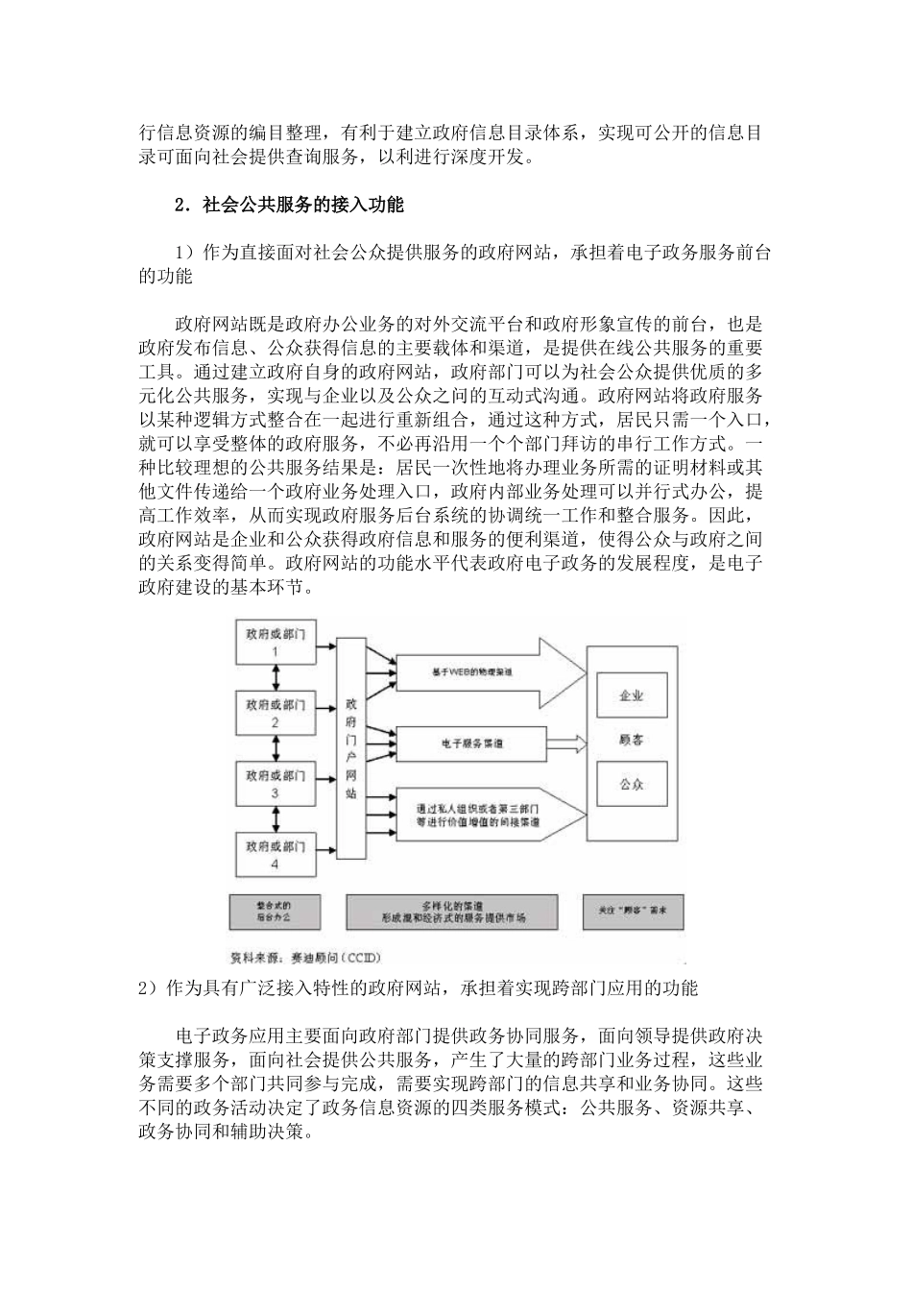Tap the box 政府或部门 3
pyautogui.click(x=276, y=784)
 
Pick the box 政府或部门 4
pyautogui.click(x=276, y=854)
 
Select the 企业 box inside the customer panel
pyautogui.click(x=631, y=695)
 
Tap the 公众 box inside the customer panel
pyautogui.click(x=631, y=784)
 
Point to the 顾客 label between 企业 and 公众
pyautogui.click(x=631, y=740)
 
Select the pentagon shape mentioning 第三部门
pyautogui.click(x=485, y=816)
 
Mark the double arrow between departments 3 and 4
pyautogui.click(x=276, y=818)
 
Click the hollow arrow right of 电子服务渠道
pyautogui.click(x=566, y=743)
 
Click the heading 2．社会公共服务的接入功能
pyautogui.click(x=289, y=205)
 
